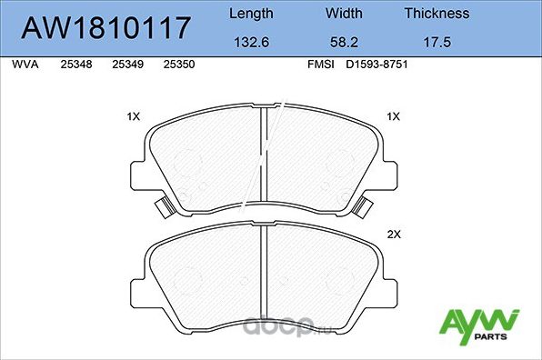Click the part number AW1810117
click(106, 27)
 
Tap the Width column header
click(344, 14)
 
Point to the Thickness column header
click(437, 14)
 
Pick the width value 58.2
click(344, 42)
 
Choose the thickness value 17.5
click(437, 42)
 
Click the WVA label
click(25, 65)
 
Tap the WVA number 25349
click(126, 65)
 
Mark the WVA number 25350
click(177, 65)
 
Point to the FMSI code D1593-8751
click(375, 65)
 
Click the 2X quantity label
click(394, 234)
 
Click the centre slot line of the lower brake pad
click(263, 277)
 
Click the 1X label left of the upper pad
click(133, 116)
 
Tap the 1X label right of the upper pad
click(394, 116)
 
